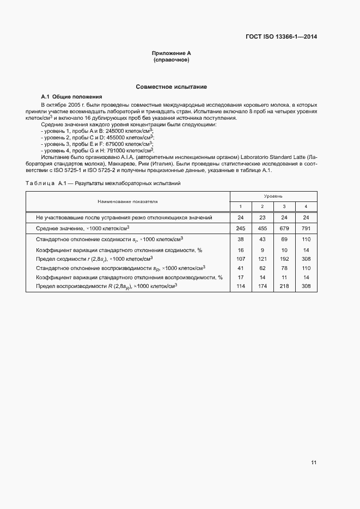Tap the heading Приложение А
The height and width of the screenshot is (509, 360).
tap(171, 53)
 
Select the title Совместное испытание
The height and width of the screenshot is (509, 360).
tap(171, 87)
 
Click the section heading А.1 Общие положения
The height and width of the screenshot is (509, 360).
tap(64, 96)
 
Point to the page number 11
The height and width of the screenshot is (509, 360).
tap(314, 463)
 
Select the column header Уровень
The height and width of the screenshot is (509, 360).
tap(273, 196)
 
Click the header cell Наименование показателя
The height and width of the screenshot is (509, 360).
tap(128, 201)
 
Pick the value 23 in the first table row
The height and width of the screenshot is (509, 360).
tap(262, 217)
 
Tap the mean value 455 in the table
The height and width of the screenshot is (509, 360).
tap(262, 228)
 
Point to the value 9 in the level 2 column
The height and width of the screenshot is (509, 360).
tap(262, 249)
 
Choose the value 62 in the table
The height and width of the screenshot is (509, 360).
tap(262, 268)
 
